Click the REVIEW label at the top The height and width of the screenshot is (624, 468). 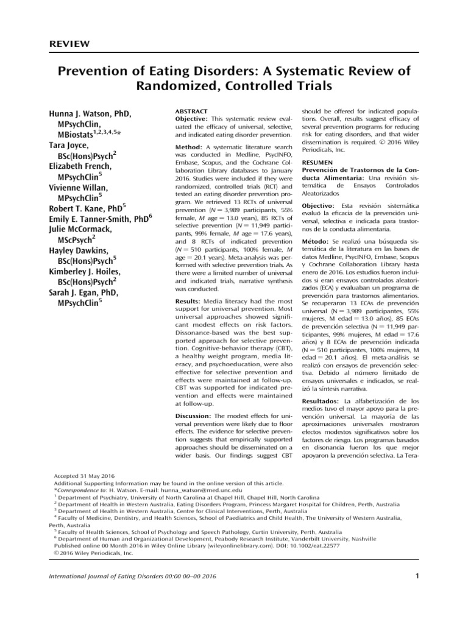(69, 43)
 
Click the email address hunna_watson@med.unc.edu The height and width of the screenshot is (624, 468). (199, 489)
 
